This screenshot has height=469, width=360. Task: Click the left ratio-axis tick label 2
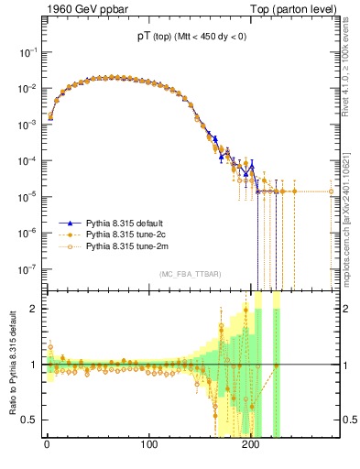pyautogui.click(x=34, y=309)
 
